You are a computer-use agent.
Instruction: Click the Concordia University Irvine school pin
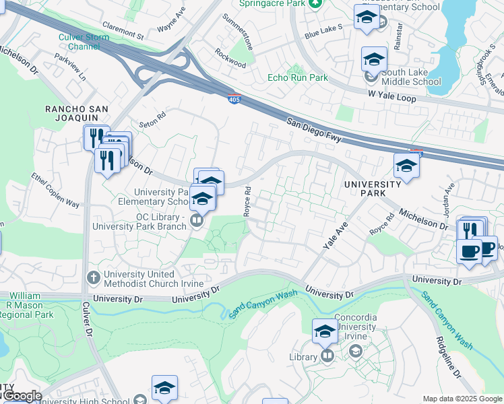tap(324, 331)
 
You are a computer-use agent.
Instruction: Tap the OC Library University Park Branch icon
tap(197, 220)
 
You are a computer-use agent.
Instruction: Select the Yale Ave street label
tap(334, 236)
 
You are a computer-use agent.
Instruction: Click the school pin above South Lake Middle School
tap(374, 59)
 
